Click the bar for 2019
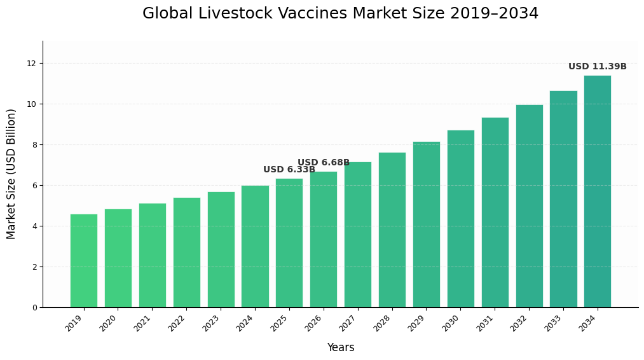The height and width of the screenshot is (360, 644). click(84, 261)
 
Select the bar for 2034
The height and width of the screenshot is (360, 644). click(598, 191)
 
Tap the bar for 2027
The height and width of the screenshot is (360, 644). click(358, 235)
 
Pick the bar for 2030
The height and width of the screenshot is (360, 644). click(461, 219)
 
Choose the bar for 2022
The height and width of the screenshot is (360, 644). click(187, 253)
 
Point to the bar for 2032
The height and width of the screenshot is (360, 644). click(529, 206)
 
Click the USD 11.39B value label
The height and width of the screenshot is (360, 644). click(597, 67)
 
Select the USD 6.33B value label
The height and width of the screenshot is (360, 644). click(289, 170)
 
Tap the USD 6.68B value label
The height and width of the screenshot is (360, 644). click(324, 163)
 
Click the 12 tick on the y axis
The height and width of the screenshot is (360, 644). click(31, 64)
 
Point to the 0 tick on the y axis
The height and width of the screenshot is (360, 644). click(34, 308)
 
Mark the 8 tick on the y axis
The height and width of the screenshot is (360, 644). click(34, 145)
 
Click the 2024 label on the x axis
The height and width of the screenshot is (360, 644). click(245, 323)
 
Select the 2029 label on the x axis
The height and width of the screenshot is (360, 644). click(417, 323)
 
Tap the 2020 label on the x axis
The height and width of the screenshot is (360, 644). click(109, 323)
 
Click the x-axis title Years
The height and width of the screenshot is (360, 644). click(341, 348)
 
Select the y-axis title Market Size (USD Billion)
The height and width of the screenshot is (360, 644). click(11, 174)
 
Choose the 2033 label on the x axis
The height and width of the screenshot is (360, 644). click(554, 323)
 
